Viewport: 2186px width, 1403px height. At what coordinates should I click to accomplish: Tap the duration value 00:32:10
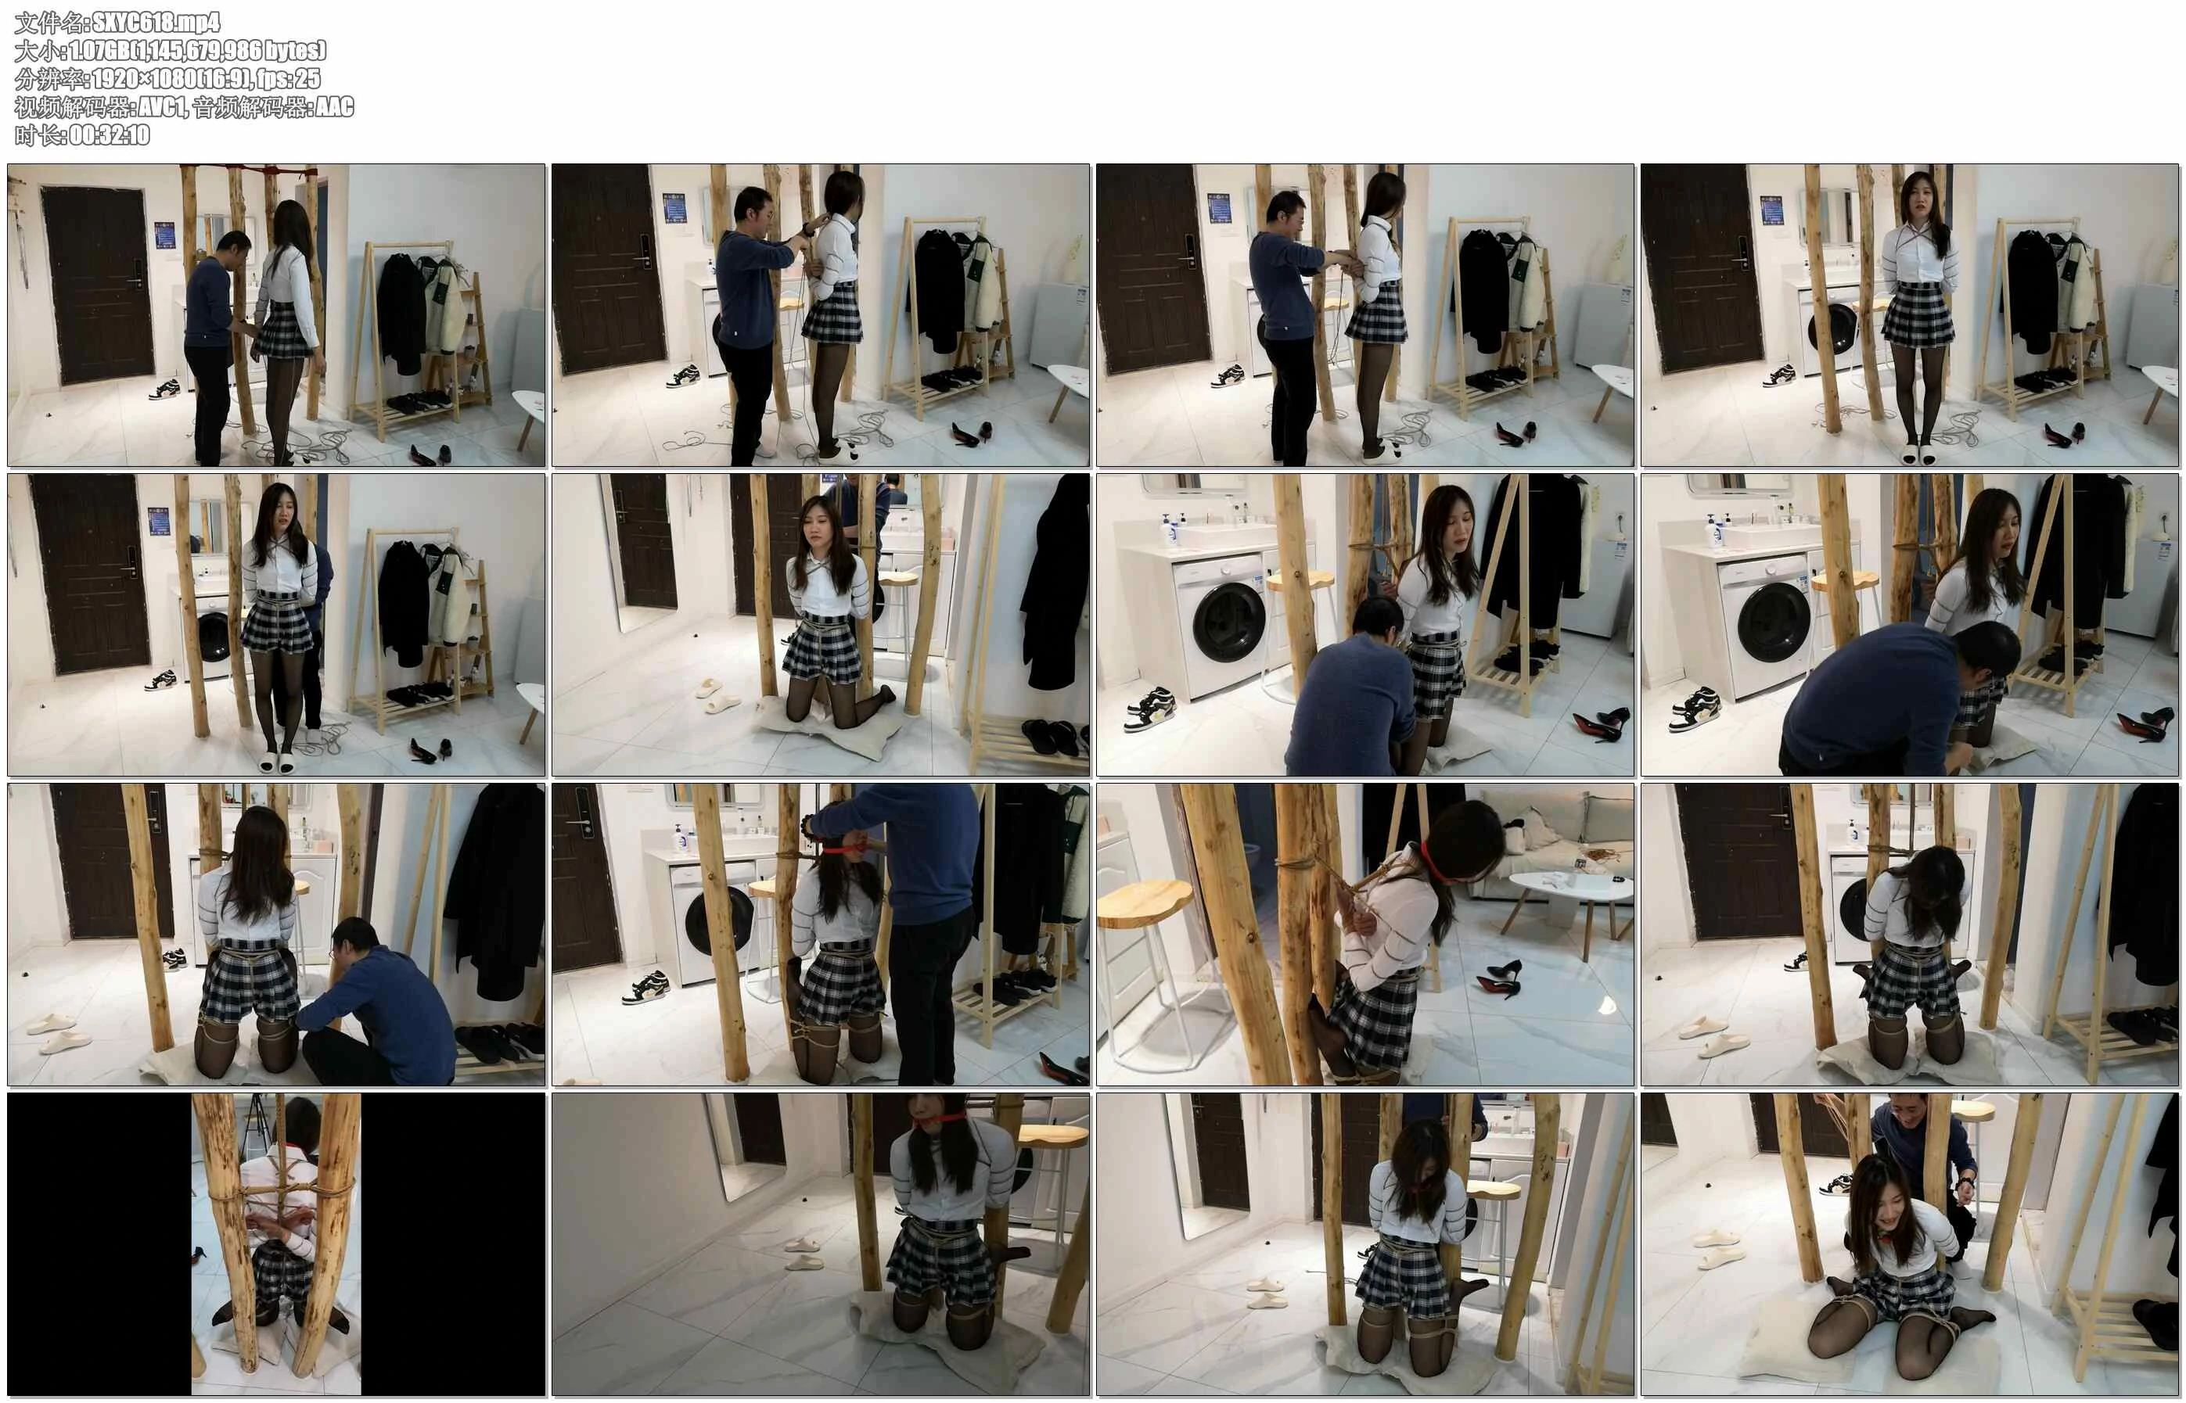coord(110,135)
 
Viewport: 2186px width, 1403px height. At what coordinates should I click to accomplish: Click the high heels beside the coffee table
coord(1499,977)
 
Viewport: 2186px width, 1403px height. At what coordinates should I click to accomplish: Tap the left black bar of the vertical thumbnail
coord(99,1243)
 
